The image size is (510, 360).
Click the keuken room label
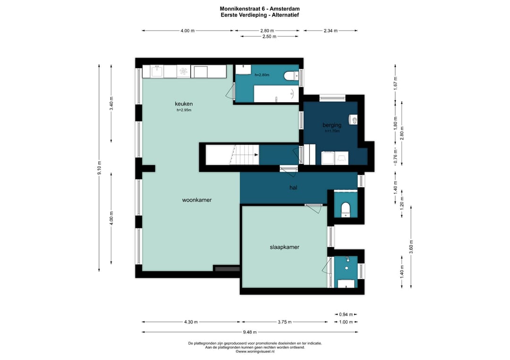tap(184, 104)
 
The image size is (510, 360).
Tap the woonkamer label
tap(197, 200)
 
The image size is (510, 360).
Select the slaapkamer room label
tap(285, 247)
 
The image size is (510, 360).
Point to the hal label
tap(293, 187)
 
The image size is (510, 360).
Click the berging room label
tap(332, 125)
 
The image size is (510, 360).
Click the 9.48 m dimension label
tap(250, 332)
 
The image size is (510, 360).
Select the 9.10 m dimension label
tap(100, 168)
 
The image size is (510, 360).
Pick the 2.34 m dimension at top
tap(331, 31)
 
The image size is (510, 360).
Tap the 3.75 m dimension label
tap(285, 322)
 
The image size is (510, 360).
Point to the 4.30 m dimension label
tap(191, 322)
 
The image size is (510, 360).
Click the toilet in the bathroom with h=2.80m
tap(290, 75)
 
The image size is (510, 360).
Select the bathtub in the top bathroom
tap(276, 94)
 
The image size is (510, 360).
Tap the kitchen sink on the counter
tap(158, 71)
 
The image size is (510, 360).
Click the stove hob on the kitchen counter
tap(184, 71)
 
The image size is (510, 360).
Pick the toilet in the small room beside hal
tap(345, 209)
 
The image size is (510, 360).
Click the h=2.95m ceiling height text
tap(184, 110)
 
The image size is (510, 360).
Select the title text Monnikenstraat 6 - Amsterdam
tap(260, 9)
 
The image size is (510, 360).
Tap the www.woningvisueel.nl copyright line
tap(255, 351)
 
